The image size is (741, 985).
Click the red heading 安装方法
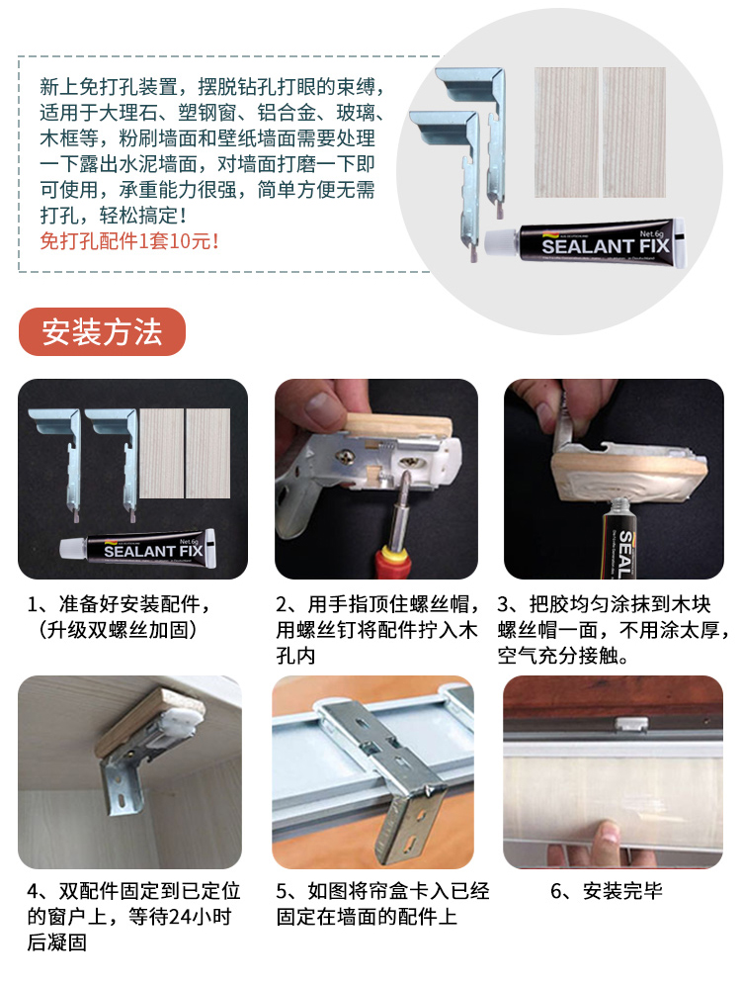pos(103,331)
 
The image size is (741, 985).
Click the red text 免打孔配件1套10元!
pos(129,241)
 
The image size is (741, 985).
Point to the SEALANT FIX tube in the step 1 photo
pos(138,549)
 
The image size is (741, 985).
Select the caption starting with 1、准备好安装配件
pos(120,617)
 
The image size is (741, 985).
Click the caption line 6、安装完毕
pos(607,891)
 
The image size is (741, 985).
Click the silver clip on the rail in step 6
pos(632,724)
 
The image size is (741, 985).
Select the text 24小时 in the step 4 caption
pos(201,917)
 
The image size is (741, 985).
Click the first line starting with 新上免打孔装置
pos(211,87)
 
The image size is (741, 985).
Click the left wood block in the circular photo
pos(566,132)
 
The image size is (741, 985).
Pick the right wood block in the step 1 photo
pos(208,454)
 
